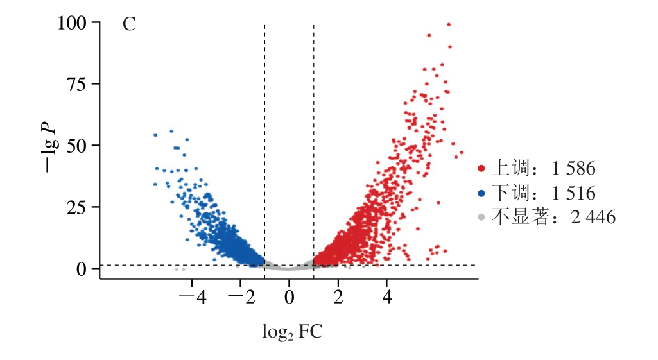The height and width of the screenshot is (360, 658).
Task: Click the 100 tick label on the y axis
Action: [71, 24]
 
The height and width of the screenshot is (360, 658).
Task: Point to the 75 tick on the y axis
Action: [78, 85]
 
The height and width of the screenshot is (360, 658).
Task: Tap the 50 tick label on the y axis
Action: [78, 146]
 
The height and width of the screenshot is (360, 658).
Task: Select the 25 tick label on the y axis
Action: [78, 208]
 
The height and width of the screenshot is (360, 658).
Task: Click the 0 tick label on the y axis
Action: [82, 269]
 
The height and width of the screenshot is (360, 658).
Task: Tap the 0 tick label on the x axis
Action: [290, 298]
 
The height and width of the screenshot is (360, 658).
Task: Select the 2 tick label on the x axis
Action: [338, 298]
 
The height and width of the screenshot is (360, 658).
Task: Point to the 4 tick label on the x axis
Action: [387, 298]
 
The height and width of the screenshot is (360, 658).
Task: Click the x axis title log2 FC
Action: [292, 332]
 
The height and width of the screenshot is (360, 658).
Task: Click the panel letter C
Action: [129, 25]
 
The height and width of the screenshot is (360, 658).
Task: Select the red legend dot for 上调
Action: [481, 169]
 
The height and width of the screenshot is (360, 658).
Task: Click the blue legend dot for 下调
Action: [481, 193]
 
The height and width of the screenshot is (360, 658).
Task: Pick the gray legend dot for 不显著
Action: [481, 217]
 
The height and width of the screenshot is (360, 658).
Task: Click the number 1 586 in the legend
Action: [573, 169]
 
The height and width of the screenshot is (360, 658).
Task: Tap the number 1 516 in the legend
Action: [573, 193]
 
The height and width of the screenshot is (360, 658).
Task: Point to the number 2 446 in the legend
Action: [593, 217]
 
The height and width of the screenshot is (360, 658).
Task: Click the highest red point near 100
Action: [449, 25]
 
